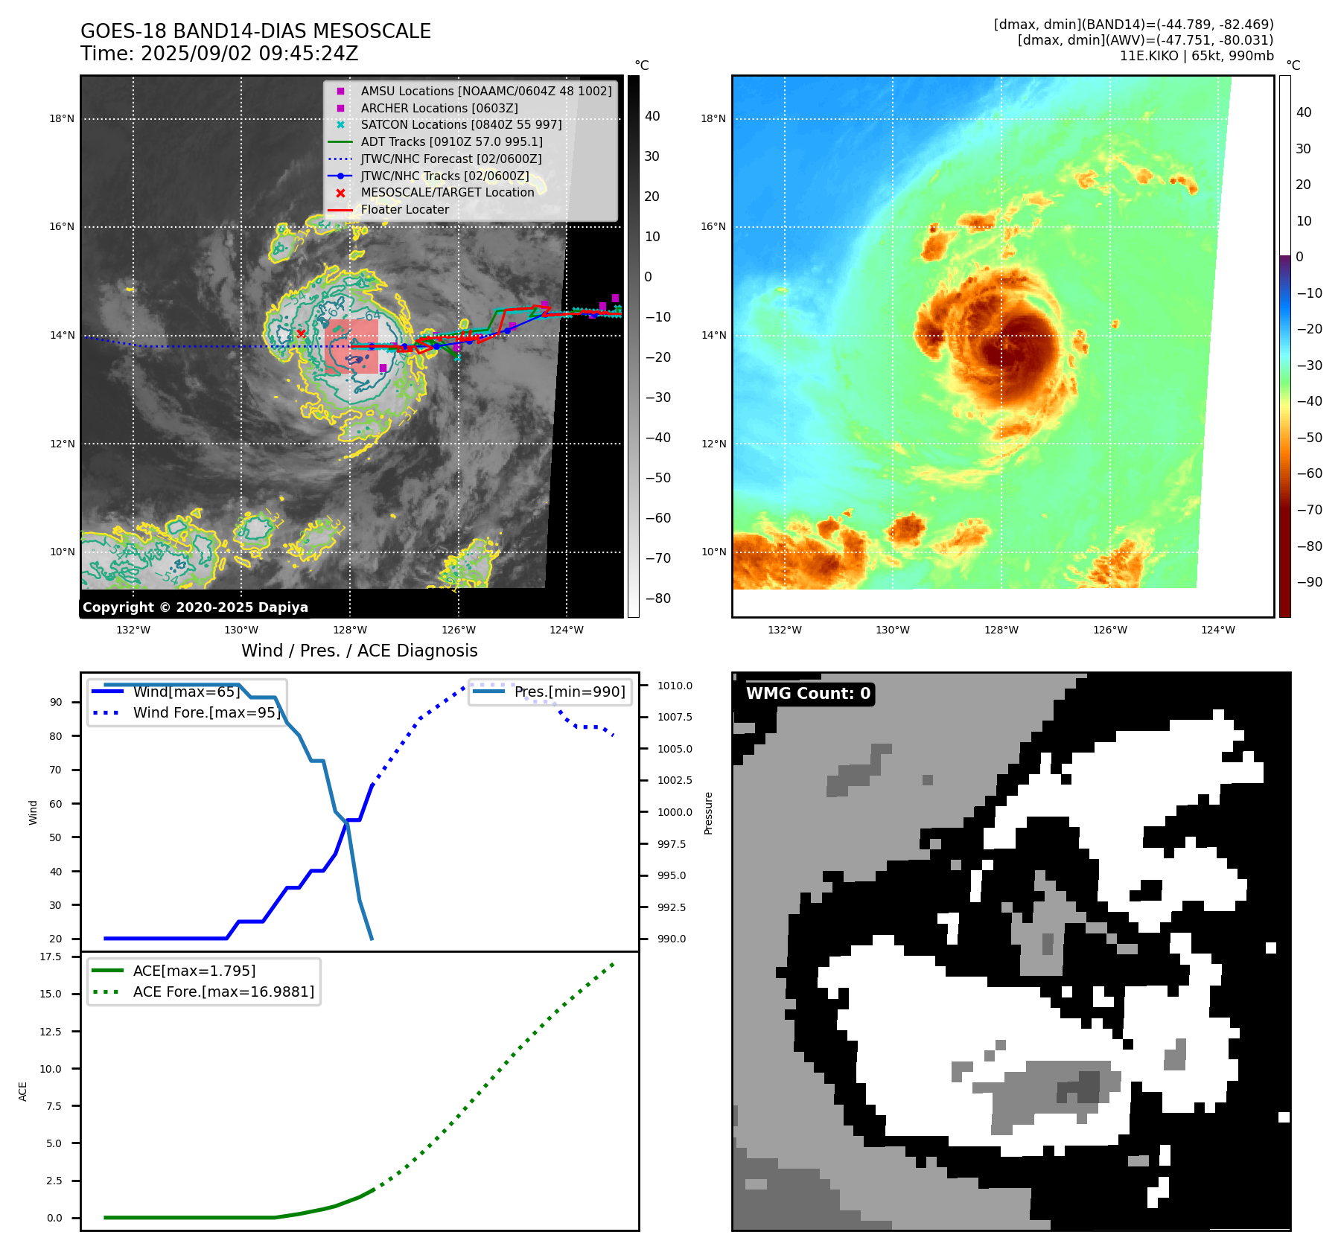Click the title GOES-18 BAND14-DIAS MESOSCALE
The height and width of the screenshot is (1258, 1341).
[x=255, y=31]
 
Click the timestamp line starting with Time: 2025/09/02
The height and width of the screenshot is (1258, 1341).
[x=220, y=54]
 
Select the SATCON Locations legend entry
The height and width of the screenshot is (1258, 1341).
[x=461, y=124]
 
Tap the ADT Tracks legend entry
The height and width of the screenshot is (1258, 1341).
[x=451, y=141]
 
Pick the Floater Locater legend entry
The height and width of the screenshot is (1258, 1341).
[x=404, y=209]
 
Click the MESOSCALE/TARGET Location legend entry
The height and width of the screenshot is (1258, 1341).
[x=447, y=192]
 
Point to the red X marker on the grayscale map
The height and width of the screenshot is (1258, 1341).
[x=301, y=333]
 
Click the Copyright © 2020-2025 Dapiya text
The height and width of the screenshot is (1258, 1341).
[x=195, y=607]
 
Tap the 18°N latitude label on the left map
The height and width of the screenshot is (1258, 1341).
[x=62, y=118]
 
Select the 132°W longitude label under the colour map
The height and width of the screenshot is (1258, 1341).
[x=784, y=630]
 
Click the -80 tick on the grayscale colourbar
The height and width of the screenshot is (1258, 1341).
[x=657, y=598]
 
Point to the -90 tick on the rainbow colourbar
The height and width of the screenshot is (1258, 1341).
[x=1309, y=582]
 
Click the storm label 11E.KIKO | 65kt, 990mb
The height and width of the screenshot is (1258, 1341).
[x=1197, y=56]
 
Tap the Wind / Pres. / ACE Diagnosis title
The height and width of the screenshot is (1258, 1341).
[x=359, y=651]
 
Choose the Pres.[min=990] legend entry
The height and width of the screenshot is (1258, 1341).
[x=570, y=692]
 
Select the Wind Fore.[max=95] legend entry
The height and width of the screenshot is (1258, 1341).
[x=206, y=712]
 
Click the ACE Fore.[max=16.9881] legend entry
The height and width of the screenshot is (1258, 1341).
[x=223, y=992]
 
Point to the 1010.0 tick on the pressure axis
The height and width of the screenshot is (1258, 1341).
[x=674, y=686]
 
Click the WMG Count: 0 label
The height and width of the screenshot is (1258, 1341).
[x=808, y=694]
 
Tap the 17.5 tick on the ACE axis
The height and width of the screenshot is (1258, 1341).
[x=51, y=957]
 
